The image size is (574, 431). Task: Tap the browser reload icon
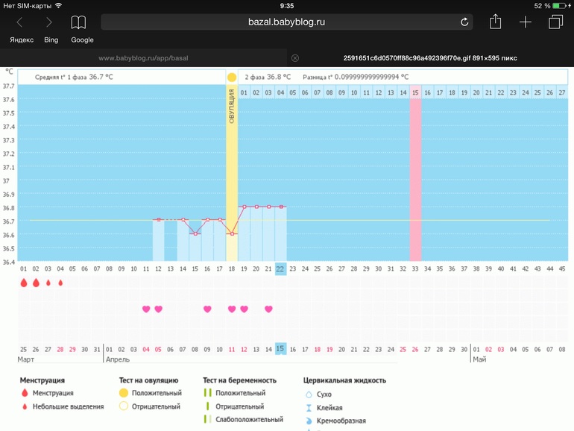pyautogui.click(x=464, y=22)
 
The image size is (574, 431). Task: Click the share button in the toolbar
pyautogui.click(x=495, y=22)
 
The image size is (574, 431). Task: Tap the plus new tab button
pyautogui.click(x=526, y=22)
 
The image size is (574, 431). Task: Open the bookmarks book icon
pyautogui.click(x=78, y=22)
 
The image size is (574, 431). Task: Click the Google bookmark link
pyautogui.click(x=82, y=40)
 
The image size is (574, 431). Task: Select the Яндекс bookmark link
pyautogui.click(x=22, y=40)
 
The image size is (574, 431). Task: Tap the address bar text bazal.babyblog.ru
pyautogui.click(x=286, y=22)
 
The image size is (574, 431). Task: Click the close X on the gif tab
pyautogui.click(x=295, y=58)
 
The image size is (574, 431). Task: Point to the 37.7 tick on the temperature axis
pyautogui.click(x=8, y=86)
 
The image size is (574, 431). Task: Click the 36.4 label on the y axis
pyautogui.click(x=8, y=262)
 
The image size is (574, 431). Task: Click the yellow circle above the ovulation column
pyautogui.click(x=232, y=77)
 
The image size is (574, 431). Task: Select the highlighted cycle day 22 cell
pyautogui.click(x=280, y=269)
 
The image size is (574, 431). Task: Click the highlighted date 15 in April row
pyautogui.click(x=280, y=348)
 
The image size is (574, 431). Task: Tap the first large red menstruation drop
pyautogui.click(x=24, y=283)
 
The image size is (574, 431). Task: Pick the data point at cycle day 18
pyautogui.click(x=232, y=233)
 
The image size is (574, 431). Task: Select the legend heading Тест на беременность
pyautogui.click(x=239, y=380)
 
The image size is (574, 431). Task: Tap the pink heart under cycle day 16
pyautogui.click(x=207, y=309)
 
